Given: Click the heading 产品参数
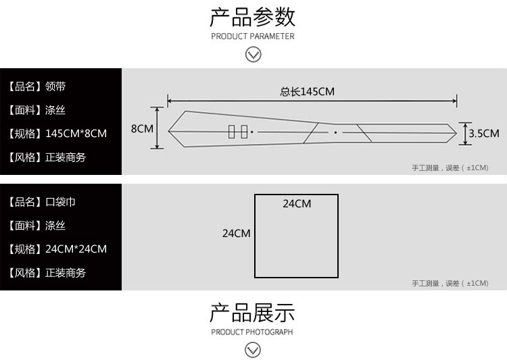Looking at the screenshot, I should pos(253,16).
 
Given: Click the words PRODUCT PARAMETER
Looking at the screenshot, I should pos(253,36).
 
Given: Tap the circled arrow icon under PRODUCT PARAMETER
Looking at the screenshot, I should pos(253,55).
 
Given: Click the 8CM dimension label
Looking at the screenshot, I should pos(142,128).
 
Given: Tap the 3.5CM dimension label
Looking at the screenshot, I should pos(483,133).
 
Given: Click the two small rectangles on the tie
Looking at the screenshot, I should pos(237,132).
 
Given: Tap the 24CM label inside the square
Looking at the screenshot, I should pos(297,203).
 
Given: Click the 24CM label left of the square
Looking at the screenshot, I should pos(237,233).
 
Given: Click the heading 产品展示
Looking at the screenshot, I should pos(253,313).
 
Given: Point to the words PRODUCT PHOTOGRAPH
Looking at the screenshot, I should pos(252,332).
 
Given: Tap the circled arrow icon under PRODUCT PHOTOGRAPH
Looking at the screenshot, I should pos(253,350).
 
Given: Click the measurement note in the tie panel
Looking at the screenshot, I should pos(450,168).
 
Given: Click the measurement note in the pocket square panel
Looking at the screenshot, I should pos(450,283).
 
